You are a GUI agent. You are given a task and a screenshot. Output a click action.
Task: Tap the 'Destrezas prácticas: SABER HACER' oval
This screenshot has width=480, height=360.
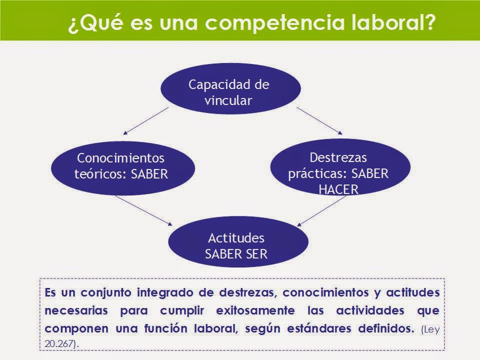point(339,172)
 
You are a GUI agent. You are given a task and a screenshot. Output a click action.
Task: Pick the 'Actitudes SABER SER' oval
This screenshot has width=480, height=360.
point(236,245)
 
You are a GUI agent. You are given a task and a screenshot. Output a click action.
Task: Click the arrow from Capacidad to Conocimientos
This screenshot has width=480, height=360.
point(146,120)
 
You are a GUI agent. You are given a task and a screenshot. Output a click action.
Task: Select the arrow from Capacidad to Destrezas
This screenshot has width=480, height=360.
point(319,120)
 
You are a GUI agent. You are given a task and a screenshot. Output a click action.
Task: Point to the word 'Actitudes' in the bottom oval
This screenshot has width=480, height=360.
point(236,237)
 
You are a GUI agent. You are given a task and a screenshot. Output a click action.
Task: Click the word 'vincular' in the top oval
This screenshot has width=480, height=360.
point(229,99)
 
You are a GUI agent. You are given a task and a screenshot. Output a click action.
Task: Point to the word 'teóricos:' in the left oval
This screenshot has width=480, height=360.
point(96,174)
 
